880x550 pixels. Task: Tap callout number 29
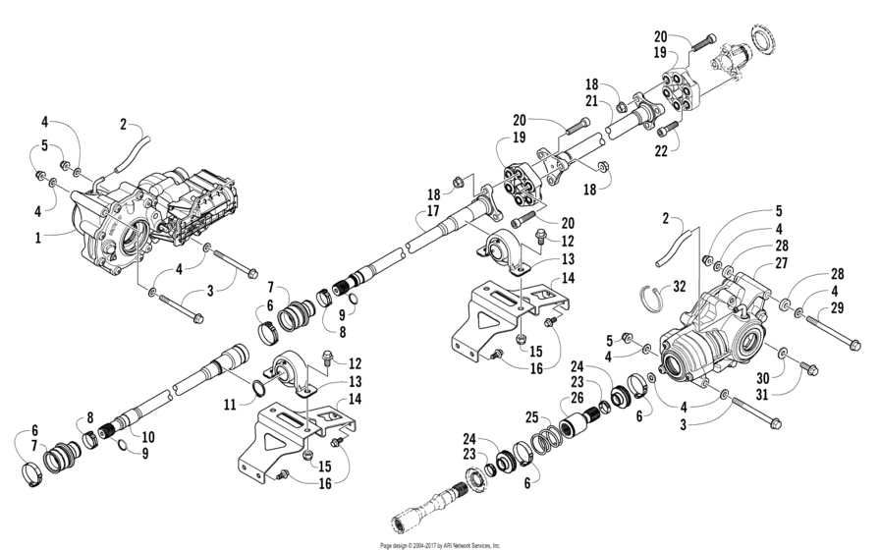[837, 308]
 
